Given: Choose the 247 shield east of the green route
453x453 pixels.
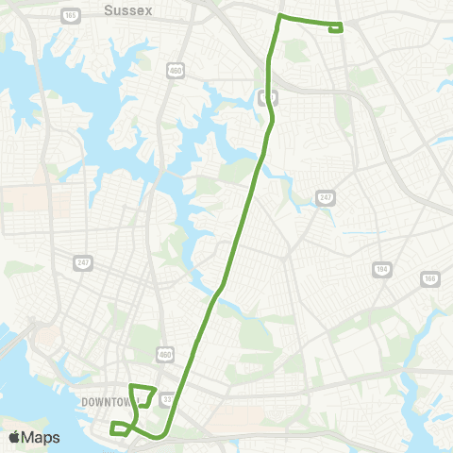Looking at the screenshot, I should [x=327, y=196].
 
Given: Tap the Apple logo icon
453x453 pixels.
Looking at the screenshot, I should [x=13, y=437].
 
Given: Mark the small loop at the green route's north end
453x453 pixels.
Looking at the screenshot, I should [x=335, y=28].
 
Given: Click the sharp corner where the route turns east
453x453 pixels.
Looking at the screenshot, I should [x=279, y=17].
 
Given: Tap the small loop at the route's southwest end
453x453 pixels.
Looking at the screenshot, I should [x=119, y=428].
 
